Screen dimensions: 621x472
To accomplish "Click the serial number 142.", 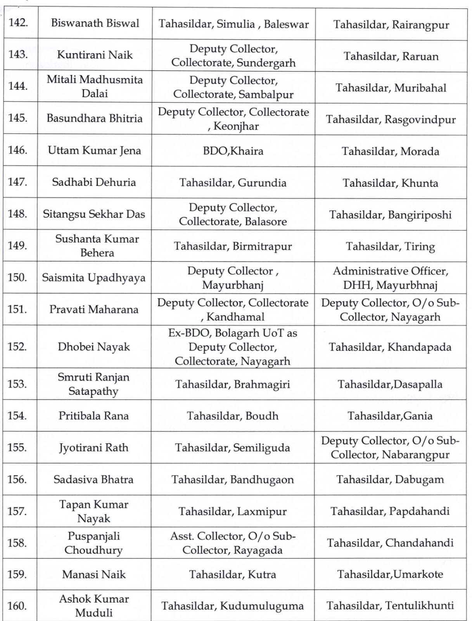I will click(18, 23).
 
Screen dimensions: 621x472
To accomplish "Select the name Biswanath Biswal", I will click(95, 23).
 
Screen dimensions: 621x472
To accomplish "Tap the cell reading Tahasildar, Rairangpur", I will click(391, 25).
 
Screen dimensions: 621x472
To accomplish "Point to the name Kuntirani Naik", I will click(95, 55).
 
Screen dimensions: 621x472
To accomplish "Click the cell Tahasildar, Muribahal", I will click(391, 88).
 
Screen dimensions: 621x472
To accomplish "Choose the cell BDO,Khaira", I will click(233, 151).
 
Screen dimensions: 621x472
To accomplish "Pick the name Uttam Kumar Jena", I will click(94, 151).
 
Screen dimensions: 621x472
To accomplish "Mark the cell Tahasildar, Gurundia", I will click(233, 183).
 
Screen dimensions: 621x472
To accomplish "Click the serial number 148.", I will click(17, 214).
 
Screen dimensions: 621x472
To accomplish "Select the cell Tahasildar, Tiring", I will click(390, 246).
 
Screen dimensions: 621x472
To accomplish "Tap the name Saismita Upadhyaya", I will click(94, 278).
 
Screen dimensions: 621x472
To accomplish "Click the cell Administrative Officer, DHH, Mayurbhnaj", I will click(390, 278).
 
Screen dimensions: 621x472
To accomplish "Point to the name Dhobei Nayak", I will click(94, 347).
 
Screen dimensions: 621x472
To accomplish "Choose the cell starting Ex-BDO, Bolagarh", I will click(233, 347).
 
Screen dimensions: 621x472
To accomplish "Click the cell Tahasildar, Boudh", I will click(233, 416).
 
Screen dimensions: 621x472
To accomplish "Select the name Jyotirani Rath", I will click(93, 448).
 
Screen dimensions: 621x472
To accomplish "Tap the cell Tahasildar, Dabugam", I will click(390, 479).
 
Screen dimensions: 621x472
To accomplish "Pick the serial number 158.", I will click(17, 543).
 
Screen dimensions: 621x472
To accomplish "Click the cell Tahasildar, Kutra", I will click(232, 574).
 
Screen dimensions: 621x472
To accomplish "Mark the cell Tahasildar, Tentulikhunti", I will click(390, 606).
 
